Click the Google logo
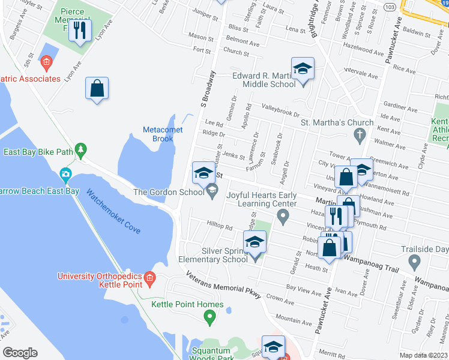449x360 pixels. coord(20,353)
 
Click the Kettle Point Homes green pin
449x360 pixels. coord(209,317)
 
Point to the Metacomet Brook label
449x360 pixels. coord(158,134)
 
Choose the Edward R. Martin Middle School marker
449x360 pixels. coord(303,70)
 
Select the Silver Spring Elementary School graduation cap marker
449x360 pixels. coord(255,243)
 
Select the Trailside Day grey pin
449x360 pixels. coord(414,261)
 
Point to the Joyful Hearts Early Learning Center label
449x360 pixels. coord(261,199)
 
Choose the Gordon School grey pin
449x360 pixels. coord(211,191)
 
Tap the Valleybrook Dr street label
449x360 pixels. coord(280,112)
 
